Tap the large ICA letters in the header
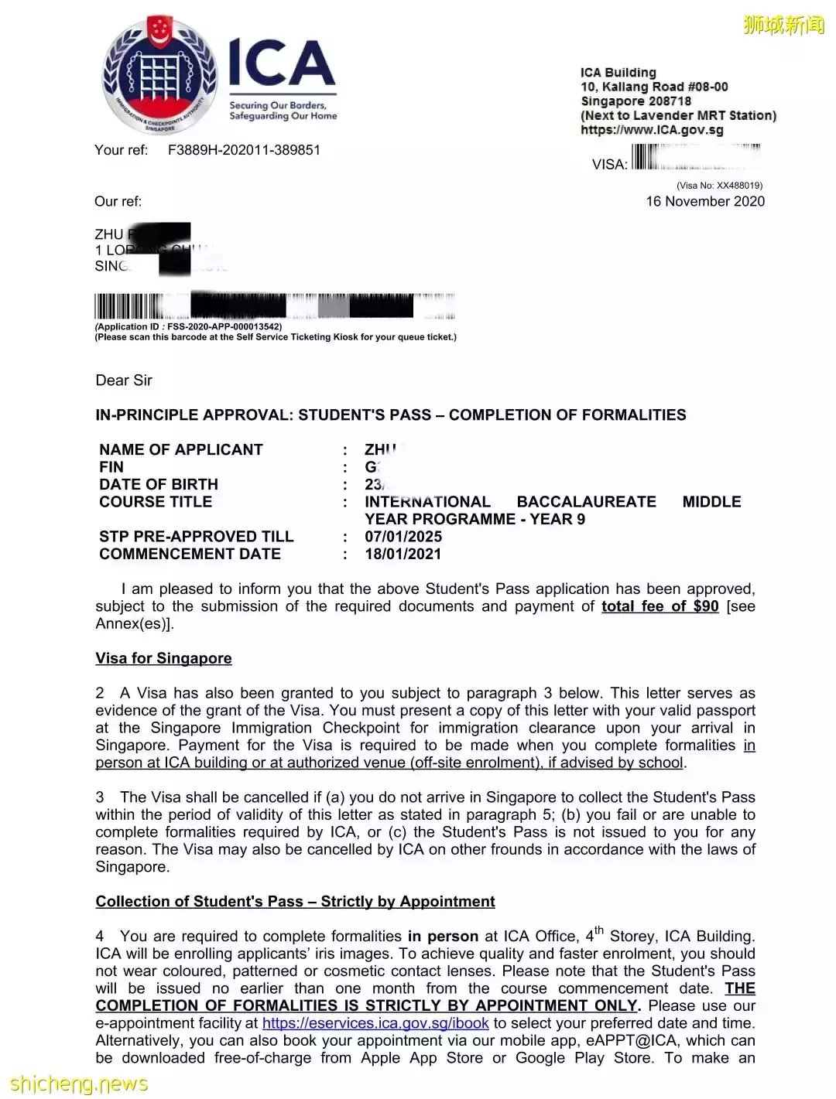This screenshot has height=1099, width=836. (x=282, y=65)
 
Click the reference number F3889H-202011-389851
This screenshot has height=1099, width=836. (x=244, y=150)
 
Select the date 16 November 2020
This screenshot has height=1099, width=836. (x=705, y=201)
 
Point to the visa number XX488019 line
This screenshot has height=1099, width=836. (x=719, y=186)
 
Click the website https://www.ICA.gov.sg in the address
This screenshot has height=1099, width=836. (x=652, y=130)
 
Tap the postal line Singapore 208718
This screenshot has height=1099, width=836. (x=636, y=101)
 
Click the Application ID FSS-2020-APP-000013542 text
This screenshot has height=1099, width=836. (x=188, y=326)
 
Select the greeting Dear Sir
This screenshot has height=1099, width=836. (x=124, y=381)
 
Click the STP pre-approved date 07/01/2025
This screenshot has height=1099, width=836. (x=403, y=537)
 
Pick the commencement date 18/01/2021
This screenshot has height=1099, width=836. (x=403, y=554)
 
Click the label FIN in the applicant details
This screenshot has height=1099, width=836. (x=111, y=467)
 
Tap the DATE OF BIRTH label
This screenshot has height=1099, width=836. (x=159, y=484)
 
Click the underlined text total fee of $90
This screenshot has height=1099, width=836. (x=660, y=606)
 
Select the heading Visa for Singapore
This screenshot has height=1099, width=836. (x=163, y=658)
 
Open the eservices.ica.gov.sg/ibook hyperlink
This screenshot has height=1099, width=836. (x=375, y=1023)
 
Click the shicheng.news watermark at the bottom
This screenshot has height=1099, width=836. (x=78, y=1084)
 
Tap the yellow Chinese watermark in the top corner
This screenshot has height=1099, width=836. (x=783, y=25)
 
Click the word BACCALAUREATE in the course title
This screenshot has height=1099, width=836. (x=586, y=502)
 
